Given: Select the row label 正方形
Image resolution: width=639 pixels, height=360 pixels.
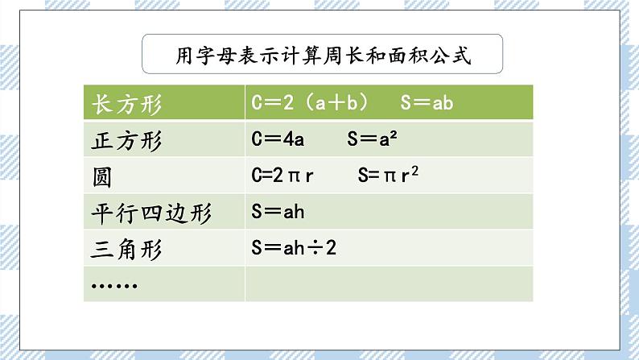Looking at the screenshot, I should click(x=128, y=141).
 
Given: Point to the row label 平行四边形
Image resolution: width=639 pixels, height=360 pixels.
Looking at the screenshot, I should click(x=151, y=213).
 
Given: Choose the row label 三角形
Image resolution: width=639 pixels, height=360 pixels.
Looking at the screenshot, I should click(x=128, y=250).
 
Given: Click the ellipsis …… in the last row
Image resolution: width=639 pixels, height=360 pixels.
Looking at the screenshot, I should click(x=114, y=285).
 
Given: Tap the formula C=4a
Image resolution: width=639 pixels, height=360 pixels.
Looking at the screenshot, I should click(x=277, y=140).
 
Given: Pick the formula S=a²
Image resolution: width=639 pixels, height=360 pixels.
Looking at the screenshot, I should click(x=374, y=140).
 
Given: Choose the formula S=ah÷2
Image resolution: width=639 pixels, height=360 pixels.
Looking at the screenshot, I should click(x=293, y=249).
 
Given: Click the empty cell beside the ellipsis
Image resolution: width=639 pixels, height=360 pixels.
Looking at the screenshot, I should click(x=388, y=285).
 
